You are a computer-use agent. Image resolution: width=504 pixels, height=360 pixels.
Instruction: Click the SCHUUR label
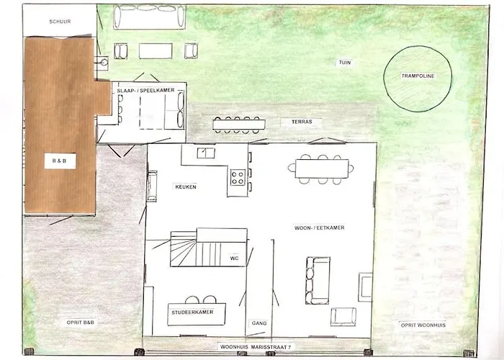pyautogui.click(x=60, y=22)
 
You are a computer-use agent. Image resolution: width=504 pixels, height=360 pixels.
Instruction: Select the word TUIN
pyautogui.click(x=346, y=63)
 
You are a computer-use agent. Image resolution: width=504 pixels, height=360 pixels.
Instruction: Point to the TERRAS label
pyautogui.click(x=302, y=122)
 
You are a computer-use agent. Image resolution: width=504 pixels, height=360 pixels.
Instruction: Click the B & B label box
pyautogui.click(x=60, y=162)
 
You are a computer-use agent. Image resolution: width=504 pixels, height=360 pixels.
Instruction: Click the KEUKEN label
pyautogui.click(x=186, y=186)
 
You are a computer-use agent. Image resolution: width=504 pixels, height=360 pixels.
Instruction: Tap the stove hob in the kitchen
pyautogui.click(x=238, y=176)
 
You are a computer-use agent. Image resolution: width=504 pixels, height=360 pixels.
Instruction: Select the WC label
pyautogui.click(x=234, y=257)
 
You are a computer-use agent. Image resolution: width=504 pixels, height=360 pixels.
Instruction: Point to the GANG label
pyautogui.click(x=258, y=323)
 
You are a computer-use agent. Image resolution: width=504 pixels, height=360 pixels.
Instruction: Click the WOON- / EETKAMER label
pyautogui.click(x=320, y=228)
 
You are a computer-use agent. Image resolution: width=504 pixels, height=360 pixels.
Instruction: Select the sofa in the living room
pyautogui.click(x=317, y=280)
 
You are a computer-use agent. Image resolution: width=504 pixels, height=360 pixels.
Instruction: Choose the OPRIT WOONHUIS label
pyautogui.click(x=423, y=325)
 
